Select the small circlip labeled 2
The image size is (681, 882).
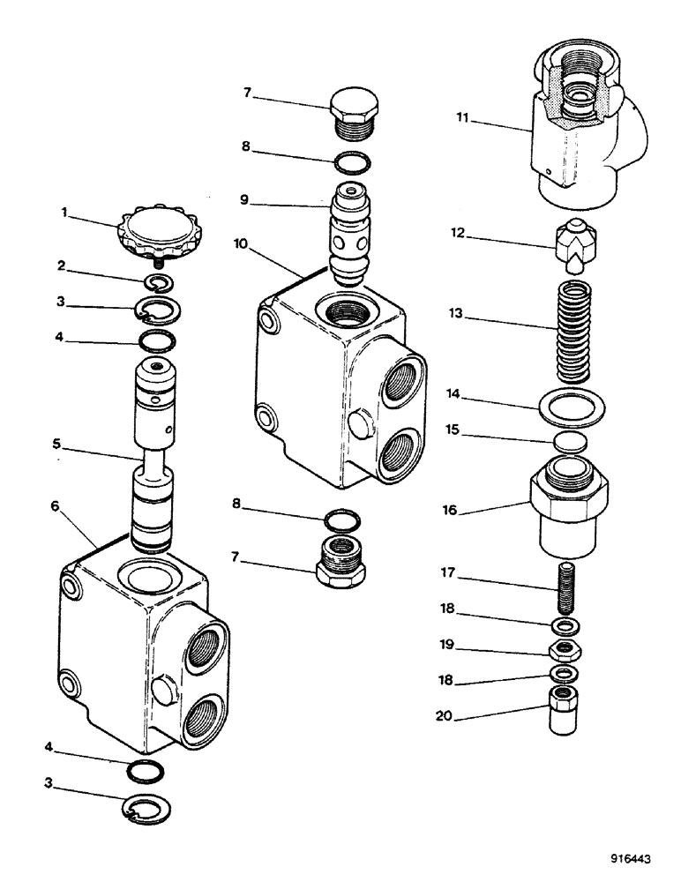160,282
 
